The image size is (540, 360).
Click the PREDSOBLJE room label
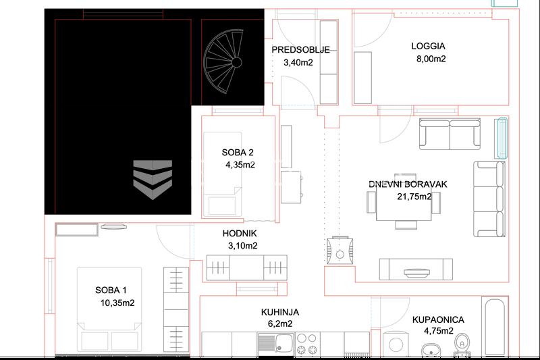(x=300, y=50)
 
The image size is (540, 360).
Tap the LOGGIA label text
(x=428, y=46)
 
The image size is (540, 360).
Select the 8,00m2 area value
(x=431, y=59)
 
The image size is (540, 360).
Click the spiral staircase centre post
(x=237, y=62)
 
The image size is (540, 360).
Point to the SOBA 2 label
(x=238, y=153)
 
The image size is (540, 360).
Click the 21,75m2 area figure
(x=414, y=197)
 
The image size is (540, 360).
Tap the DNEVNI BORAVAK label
(x=408, y=184)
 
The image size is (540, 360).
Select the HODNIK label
(x=240, y=234)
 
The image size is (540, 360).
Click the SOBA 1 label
(x=111, y=290)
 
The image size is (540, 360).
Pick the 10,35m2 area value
(x=117, y=303)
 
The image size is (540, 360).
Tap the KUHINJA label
(x=280, y=313)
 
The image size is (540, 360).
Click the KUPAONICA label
(x=438, y=320)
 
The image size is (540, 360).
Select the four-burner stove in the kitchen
(x=307, y=343)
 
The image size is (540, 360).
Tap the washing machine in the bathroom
(x=396, y=344)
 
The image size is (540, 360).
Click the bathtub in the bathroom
(x=495, y=326)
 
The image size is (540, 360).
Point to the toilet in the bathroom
(x=462, y=344)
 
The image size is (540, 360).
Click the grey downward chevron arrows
(x=153, y=180)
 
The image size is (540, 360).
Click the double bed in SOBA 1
(x=109, y=309)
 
